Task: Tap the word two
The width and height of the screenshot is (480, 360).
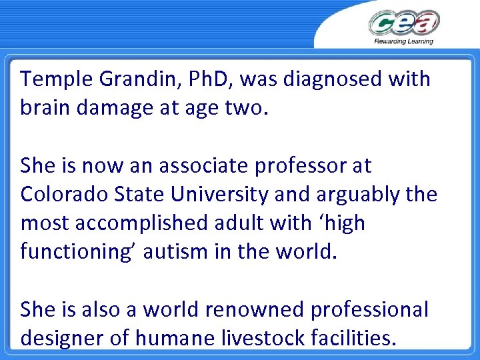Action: [243, 108]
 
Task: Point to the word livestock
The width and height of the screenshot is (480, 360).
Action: [252, 337]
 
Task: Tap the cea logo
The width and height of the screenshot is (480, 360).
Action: [404, 23]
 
